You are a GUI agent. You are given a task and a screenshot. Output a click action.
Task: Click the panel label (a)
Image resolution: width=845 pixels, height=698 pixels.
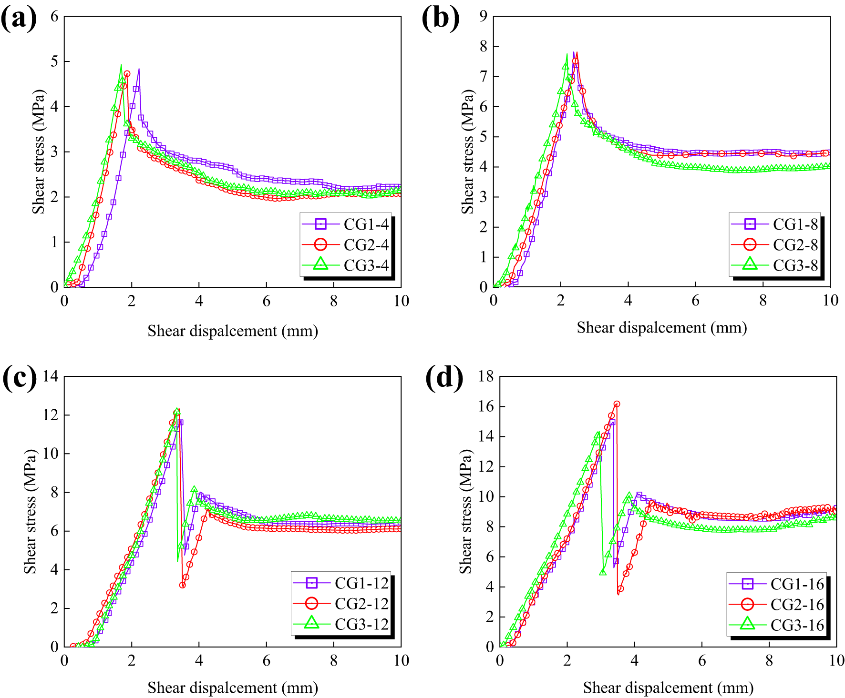(x=19, y=19)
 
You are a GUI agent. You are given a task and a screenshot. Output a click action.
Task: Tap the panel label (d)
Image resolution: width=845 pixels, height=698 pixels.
(x=443, y=378)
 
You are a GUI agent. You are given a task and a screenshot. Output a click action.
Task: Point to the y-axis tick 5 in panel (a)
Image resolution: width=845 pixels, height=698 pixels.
(x=54, y=61)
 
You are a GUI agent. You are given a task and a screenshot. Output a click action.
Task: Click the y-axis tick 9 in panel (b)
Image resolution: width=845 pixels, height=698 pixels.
(x=483, y=17)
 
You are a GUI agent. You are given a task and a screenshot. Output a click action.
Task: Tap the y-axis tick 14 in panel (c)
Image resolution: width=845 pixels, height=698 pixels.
(x=50, y=376)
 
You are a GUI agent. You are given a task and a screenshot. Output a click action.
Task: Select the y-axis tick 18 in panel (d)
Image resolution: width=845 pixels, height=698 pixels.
(x=486, y=376)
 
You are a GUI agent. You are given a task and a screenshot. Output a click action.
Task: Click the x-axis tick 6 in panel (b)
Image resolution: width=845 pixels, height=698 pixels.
(x=695, y=300)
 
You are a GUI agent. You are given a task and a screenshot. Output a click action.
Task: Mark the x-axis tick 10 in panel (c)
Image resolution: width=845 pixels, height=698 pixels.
(x=401, y=660)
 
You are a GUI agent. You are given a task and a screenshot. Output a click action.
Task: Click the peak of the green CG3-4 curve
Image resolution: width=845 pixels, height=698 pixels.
(x=121, y=65)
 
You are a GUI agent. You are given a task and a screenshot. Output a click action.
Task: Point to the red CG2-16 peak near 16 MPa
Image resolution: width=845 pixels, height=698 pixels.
(x=617, y=404)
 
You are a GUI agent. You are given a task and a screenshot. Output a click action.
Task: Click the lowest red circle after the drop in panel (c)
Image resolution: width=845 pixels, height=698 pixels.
(x=183, y=585)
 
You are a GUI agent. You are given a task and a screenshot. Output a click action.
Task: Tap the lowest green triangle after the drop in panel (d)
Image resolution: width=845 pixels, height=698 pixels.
(x=603, y=572)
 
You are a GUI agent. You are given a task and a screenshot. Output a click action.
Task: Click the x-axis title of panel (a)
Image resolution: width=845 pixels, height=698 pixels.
(x=233, y=331)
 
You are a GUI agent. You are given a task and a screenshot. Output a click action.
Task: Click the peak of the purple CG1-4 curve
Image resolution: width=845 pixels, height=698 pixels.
(x=139, y=70)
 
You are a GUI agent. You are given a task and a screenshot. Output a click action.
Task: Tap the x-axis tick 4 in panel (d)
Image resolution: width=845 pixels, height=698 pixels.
(x=634, y=660)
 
